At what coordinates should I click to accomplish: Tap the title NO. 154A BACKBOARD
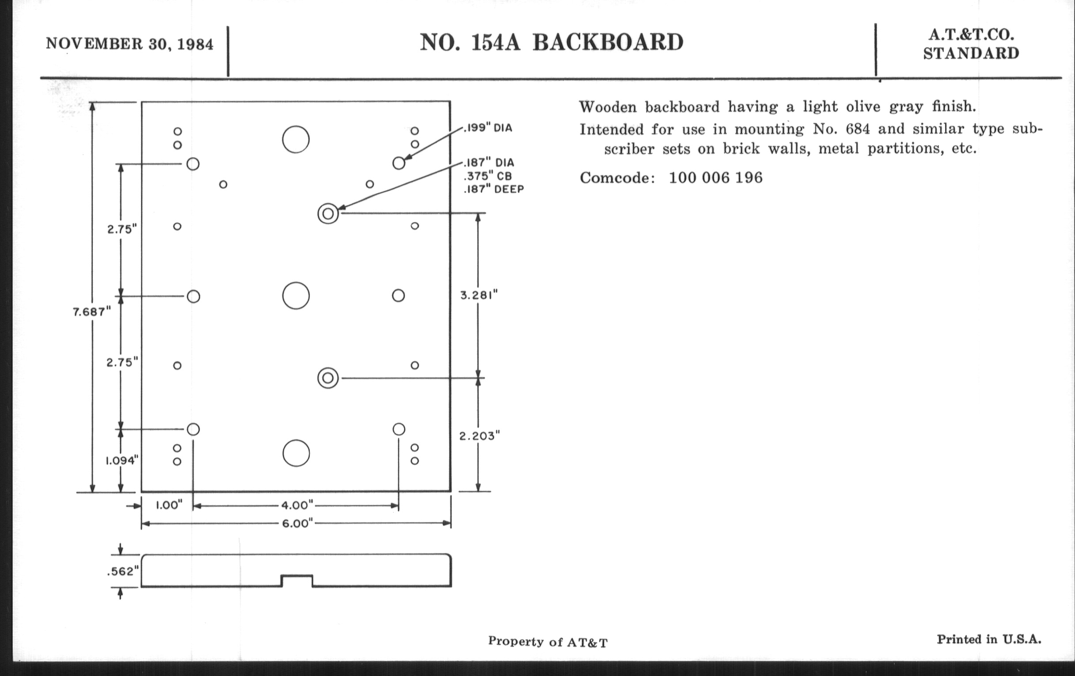point(551,42)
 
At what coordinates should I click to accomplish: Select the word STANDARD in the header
point(971,53)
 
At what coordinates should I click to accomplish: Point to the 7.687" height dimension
point(91,312)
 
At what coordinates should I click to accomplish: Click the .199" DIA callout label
point(488,128)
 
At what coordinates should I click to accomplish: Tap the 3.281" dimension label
point(479,295)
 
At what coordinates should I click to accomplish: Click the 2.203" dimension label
point(480,436)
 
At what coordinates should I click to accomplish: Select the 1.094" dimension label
point(122,460)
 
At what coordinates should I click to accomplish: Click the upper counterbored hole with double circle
point(328,214)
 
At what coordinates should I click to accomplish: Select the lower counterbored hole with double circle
point(328,378)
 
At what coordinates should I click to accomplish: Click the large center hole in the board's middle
point(296,296)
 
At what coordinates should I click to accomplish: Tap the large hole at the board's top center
point(296,139)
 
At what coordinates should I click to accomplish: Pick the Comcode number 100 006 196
point(716,178)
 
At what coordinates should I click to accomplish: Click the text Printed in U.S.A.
point(989,639)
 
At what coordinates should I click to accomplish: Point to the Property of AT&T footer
point(548,642)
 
